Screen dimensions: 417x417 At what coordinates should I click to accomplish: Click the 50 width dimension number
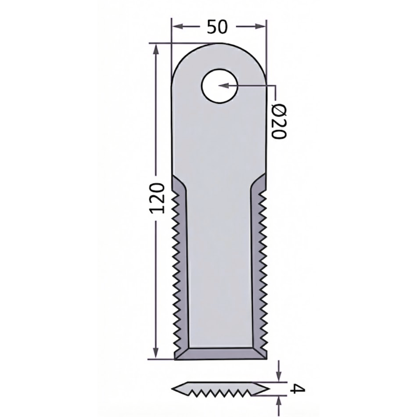coord(217,27)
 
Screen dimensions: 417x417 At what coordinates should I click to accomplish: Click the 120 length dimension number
coord(157,198)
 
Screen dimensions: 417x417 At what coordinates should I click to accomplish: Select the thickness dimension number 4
coord(297,388)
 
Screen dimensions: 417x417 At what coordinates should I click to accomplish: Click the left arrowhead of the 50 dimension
coord(176,27)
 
